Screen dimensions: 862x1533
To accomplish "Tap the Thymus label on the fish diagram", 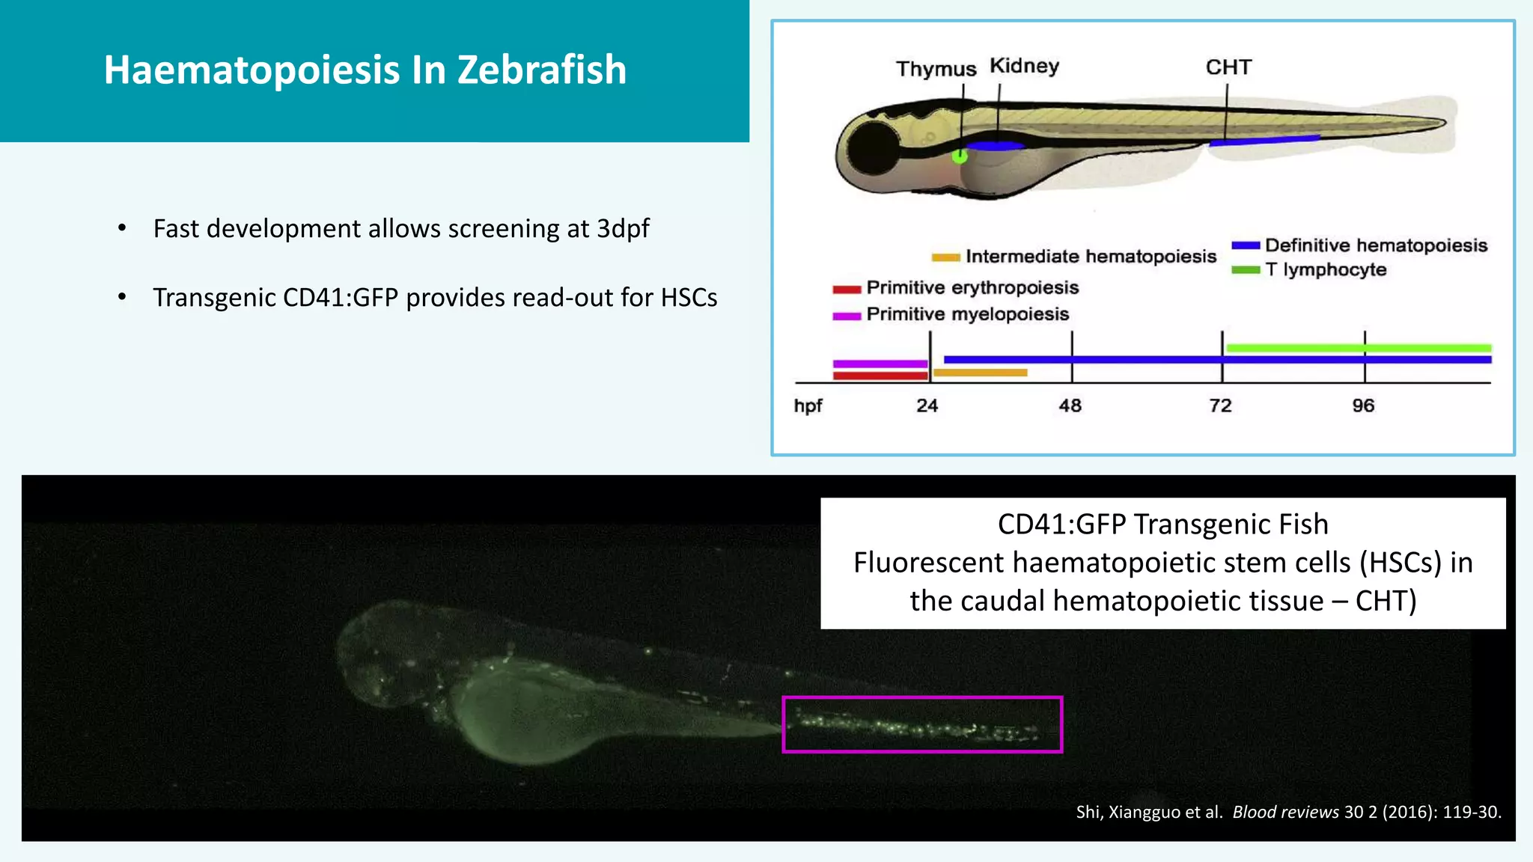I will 936,69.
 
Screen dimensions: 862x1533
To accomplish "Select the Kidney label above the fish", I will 1024,66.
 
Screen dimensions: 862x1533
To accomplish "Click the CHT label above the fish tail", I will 1228,67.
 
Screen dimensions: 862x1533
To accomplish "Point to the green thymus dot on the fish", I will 960,156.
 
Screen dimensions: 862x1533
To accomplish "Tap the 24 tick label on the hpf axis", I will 927,406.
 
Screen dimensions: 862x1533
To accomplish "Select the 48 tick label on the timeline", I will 1070,406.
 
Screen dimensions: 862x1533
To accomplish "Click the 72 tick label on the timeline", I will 1220,406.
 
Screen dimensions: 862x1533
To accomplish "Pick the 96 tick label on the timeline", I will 1363,406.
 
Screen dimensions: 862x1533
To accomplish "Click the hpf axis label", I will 808,406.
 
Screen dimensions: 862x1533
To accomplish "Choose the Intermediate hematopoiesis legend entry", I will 1090,257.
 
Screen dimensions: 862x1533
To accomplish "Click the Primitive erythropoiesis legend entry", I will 972,288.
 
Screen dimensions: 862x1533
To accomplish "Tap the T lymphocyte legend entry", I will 1325,269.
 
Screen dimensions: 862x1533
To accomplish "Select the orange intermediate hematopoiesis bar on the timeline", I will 980,373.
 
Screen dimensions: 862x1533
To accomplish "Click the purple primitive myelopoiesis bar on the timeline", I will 880,364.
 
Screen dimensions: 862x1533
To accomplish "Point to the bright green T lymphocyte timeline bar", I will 1358,348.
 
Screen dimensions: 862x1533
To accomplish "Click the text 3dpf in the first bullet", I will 623,228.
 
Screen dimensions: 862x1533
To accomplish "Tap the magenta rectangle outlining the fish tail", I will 922,698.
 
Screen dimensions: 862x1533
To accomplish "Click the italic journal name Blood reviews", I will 1285,812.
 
